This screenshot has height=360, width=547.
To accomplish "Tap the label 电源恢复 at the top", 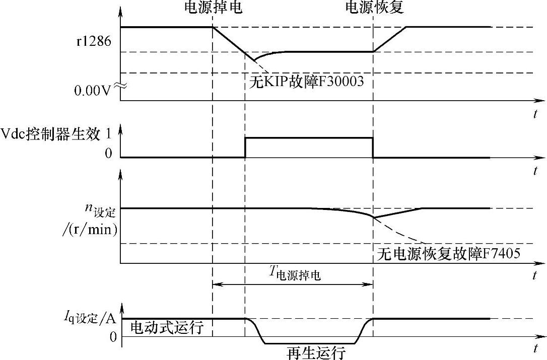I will click(374, 9).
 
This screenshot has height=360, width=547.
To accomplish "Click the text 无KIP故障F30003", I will click(307, 81).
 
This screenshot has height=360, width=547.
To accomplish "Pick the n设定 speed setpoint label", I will click(101, 209).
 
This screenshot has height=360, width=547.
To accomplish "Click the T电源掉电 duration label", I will click(295, 274).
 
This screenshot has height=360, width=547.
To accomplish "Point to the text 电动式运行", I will click(167, 328).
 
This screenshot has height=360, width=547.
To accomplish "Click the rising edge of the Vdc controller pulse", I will click(245, 148).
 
